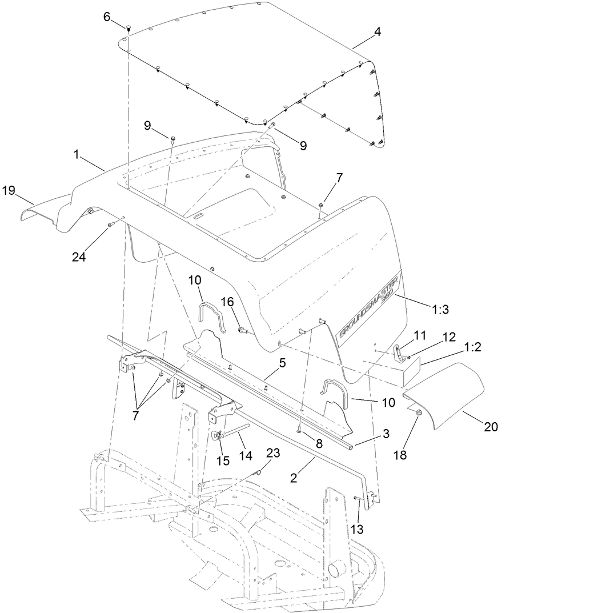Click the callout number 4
pos(378,33)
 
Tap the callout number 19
pos(9,190)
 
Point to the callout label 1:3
pos(440,309)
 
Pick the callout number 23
pos(274,453)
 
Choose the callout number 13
pos(357,530)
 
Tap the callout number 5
pos(282,362)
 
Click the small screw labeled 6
pos(129,27)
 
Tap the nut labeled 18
pos(418,412)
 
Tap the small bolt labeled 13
pos(357,498)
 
